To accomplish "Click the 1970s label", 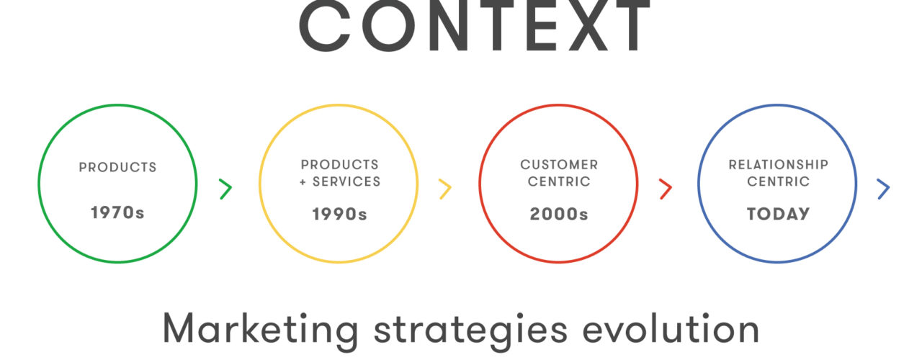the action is (x=117, y=212).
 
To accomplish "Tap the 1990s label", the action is (x=339, y=214).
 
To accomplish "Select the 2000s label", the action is (x=559, y=214).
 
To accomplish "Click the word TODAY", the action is (x=779, y=214).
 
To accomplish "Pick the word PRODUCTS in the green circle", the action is (x=117, y=168).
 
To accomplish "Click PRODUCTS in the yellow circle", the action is (x=339, y=165).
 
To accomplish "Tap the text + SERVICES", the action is (x=340, y=181).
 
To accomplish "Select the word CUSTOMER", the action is (x=559, y=165).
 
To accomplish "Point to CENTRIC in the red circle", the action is (x=559, y=181).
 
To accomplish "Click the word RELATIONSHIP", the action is (x=779, y=165).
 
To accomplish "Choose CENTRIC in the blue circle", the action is (x=779, y=181).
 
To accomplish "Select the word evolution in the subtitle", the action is (x=671, y=328).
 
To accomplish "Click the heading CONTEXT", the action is (x=475, y=25).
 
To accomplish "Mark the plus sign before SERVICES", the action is (x=303, y=182).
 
